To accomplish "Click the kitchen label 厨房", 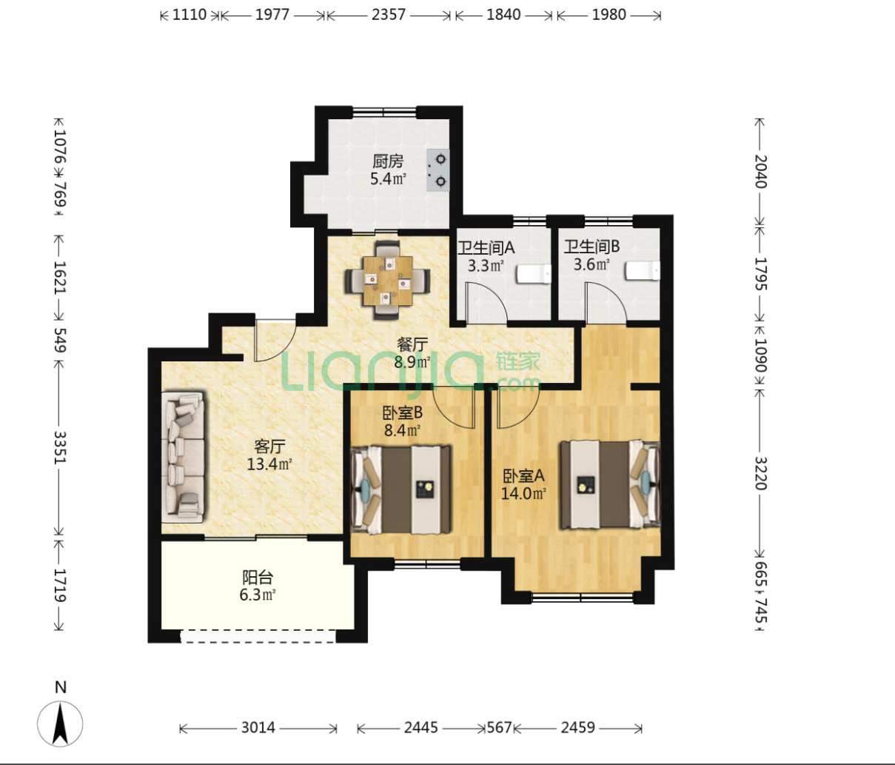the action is click(387, 161).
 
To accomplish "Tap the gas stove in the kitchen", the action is click(438, 170).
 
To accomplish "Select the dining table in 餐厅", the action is click(387, 281).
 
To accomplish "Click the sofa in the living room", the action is click(183, 458).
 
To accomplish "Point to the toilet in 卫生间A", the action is click(534, 274).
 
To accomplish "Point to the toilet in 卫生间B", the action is click(643, 271).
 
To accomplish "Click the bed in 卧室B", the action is click(401, 490).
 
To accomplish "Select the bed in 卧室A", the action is click(610, 484).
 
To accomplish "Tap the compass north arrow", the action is click(60, 724).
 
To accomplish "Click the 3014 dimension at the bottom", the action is click(258, 727).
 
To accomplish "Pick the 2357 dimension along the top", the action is click(389, 15).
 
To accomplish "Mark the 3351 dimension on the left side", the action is click(59, 447).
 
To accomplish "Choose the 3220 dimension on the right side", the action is click(761, 473).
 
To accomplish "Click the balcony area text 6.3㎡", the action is click(258, 595).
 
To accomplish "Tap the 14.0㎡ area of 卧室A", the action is click(523, 493).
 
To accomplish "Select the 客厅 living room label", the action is click(269, 446).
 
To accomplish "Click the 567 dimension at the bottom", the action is click(499, 727).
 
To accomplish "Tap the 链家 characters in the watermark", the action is click(518, 361).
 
